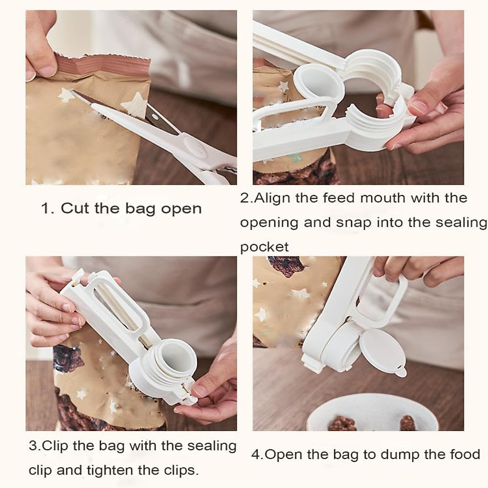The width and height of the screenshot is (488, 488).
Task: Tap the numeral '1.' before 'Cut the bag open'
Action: point(48,209)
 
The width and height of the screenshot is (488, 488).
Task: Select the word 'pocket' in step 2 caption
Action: point(264,247)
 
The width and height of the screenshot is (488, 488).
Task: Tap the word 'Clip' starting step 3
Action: point(55,446)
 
